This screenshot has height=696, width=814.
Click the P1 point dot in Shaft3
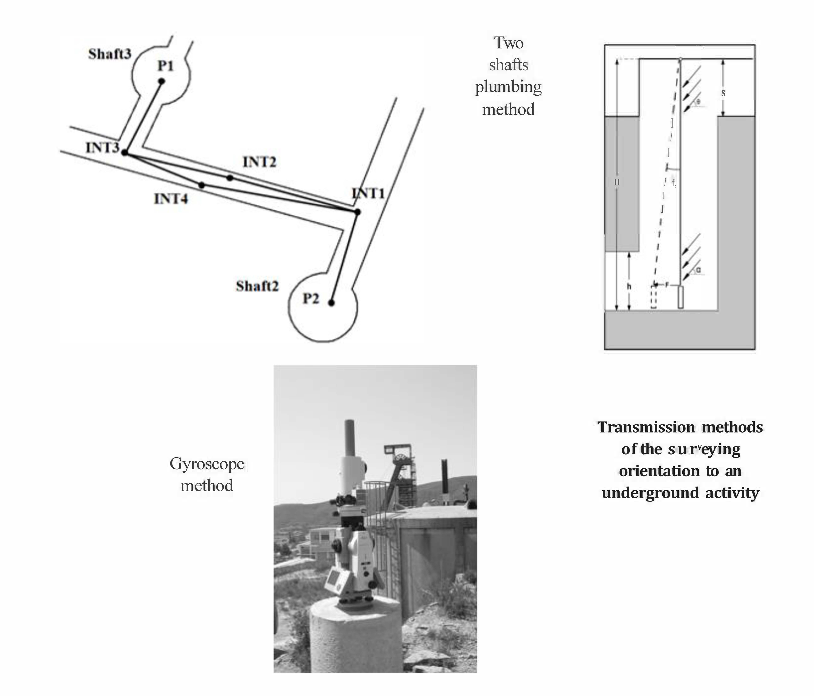click(161, 81)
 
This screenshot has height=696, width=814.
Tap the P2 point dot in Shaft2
click(331, 302)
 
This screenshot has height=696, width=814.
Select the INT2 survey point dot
click(230, 178)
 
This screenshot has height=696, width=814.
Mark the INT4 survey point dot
click(202, 185)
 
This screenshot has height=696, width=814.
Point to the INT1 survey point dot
click(357, 212)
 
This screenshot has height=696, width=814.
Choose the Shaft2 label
click(257, 286)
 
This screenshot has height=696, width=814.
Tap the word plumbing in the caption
click(508, 87)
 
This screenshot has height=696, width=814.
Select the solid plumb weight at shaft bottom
click(681, 297)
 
